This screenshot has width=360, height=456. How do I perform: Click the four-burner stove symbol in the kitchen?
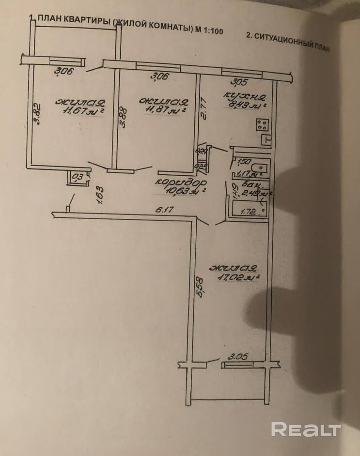point(262,125)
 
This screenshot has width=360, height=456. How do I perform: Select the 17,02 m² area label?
point(235,278)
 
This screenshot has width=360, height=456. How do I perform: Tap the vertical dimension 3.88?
point(124,117)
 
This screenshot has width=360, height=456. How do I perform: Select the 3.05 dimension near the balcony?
point(238,357)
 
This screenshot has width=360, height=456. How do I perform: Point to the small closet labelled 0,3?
point(78,177)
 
